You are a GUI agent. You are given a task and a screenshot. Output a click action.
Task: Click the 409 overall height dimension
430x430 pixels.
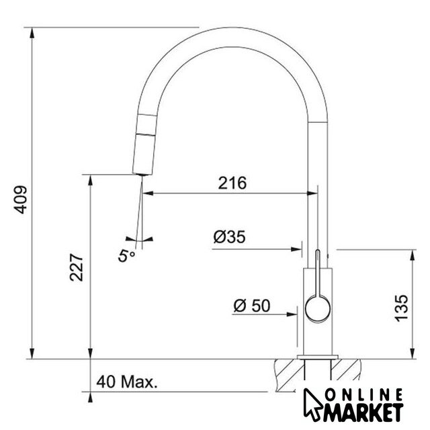click(x=21, y=200)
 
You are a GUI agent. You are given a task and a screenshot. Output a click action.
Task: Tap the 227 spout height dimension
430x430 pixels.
click(x=76, y=267)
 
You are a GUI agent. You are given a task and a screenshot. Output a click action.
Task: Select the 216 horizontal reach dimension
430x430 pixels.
click(x=232, y=183)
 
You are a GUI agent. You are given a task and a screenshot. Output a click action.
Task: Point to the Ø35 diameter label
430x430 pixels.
click(x=229, y=236)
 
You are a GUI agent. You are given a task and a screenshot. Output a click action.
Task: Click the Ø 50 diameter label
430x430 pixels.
click(x=252, y=306)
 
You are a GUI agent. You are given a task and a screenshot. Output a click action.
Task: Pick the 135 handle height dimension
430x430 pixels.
click(x=401, y=308)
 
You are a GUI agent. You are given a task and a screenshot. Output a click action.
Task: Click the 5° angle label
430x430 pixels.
click(x=126, y=256)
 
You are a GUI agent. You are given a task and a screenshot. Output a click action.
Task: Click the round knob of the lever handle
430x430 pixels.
click(x=318, y=308)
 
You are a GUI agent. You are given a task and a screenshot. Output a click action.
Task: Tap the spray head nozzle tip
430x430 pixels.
click(x=142, y=174)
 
